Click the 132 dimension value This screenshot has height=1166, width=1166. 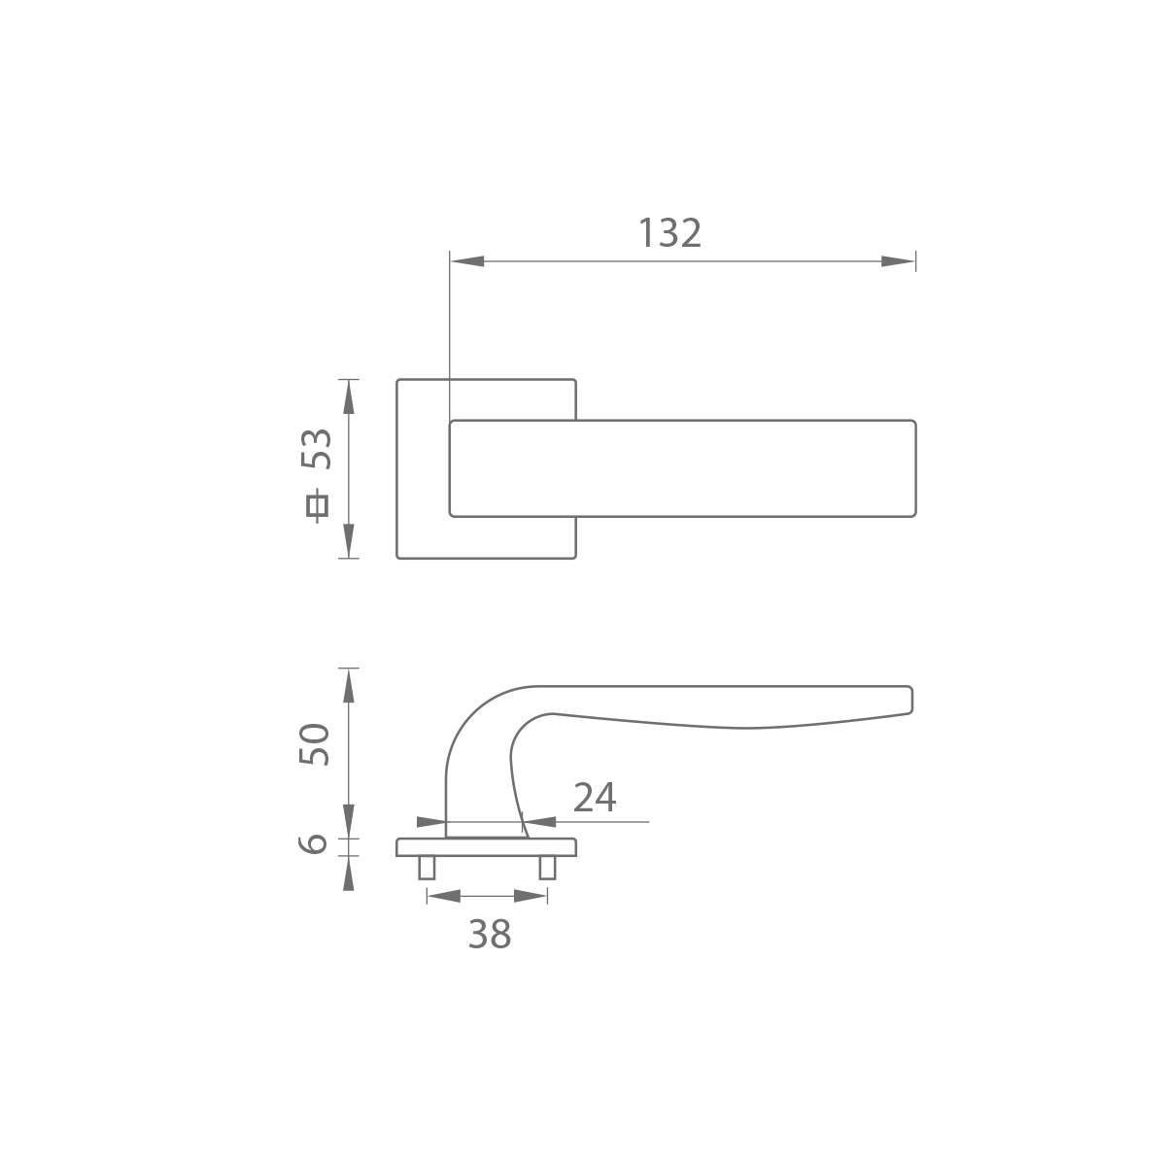[x=669, y=233]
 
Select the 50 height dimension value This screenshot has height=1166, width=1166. [x=315, y=744]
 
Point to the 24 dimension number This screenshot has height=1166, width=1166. [x=595, y=798]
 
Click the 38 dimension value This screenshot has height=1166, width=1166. [x=490, y=934]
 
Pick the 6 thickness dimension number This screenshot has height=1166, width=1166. [x=313, y=843]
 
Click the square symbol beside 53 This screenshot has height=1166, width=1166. [x=317, y=506]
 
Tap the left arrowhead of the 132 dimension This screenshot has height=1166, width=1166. [x=467, y=261]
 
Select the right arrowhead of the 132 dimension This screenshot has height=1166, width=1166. [x=898, y=261]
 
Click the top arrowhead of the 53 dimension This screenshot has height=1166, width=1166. [x=349, y=397]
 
